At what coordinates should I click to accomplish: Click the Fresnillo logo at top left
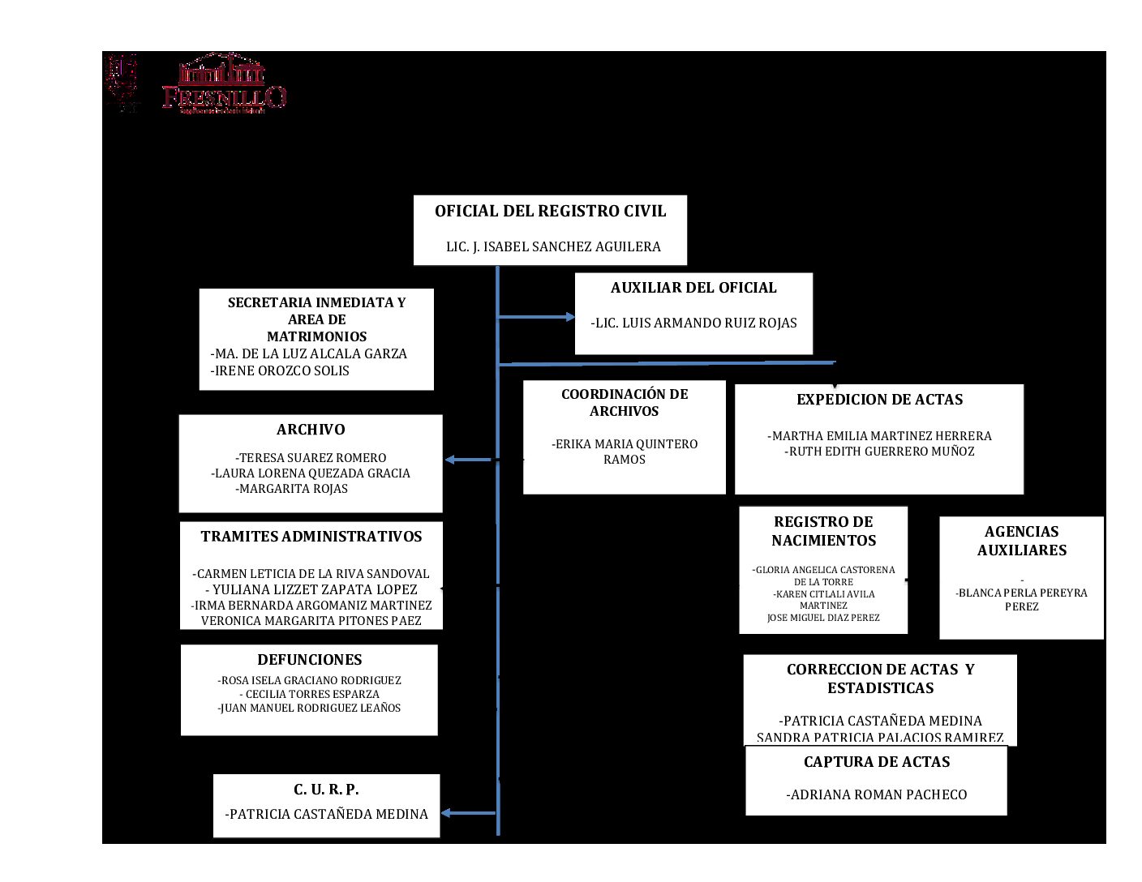coord(223,84)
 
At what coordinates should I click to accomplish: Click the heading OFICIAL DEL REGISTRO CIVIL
coord(550,212)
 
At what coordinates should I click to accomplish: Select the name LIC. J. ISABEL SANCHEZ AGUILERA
coord(553,246)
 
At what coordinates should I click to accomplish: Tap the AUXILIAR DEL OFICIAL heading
coord(693,288)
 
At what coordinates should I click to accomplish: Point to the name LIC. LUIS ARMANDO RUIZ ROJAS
coord(693,323)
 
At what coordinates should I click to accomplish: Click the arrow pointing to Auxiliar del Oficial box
coord(537,317)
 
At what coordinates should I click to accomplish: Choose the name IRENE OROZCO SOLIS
coord(281,370)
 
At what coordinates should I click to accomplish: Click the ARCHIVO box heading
coord(311,430)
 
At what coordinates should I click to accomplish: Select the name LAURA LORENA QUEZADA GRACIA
coord(311,473)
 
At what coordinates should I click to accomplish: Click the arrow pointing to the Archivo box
coord(468,460)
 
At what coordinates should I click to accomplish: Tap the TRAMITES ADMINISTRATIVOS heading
coord(311,537)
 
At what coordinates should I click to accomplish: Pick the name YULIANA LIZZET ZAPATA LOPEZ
coord(311,589)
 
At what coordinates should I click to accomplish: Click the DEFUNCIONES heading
coord(310,660)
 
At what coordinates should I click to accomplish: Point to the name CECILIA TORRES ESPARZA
coord(310,694)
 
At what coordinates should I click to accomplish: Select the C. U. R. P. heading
coord(326,790)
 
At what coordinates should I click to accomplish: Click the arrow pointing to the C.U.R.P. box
coord(468,813)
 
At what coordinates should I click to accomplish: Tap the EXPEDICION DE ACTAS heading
coord(880,400)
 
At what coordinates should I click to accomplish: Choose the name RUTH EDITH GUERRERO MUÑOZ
coord(880,452)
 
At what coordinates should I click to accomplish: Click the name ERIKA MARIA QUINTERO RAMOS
coord(625,452)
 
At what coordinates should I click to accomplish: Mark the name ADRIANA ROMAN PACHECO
coord(877,795)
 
